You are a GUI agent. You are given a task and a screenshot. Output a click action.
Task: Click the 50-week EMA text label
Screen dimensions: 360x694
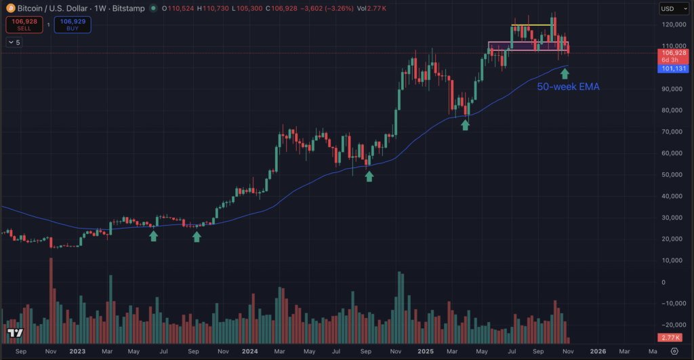click(x=568, y=87)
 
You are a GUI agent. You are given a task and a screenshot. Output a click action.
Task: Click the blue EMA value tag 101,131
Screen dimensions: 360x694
click(x=673, y=68)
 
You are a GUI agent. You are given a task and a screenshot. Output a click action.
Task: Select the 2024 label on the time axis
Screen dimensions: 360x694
click(x=250, y=351)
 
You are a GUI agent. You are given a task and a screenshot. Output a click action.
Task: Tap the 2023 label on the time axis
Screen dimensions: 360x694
click(x=77, y=351)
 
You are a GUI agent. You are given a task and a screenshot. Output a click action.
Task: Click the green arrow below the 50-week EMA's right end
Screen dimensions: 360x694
click(x=565, y=73)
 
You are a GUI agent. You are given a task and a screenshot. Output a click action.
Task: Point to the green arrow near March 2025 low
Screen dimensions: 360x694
click(x=465, y=125)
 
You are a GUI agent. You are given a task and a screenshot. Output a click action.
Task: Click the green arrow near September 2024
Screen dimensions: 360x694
click(x=369, y=176)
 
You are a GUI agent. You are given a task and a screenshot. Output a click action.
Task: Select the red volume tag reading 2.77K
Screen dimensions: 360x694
click(x=673, y=337)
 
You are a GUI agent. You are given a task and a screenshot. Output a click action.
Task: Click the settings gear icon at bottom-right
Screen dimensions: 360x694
click(x=674, y=351)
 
